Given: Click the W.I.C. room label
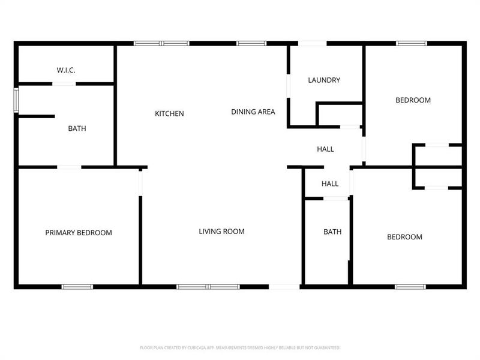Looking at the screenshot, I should pyautogui.click(x=66, y=70).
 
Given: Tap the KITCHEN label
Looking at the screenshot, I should pyautogui.click(x=169, y=113).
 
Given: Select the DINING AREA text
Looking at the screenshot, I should pyautogui.click(x=253, y=112).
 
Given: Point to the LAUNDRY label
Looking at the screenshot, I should pyautogui.click(x=324, y=80).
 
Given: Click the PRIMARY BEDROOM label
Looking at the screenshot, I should pyautogui.click(x=79, y=233).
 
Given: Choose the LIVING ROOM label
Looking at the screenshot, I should pyautogui.click(x=221, y=231).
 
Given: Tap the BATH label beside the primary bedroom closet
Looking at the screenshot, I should pyautogui.click(x=77, y=128).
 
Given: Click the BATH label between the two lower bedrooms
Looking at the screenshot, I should pyautogui.click(x=332, y=232).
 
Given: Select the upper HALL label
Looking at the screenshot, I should pyautogui.click(x=325, y=149).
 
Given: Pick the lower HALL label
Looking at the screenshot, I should pyautogui.click(x=330, y=184).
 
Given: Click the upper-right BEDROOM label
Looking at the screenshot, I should pyautogui.click(x=413, y=100).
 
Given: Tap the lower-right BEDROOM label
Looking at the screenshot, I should pyautogui.click(x=404, y=237).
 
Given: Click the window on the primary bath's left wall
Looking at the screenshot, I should pyautogui.click(x=17, y=100).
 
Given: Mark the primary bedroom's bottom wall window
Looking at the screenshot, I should pyautogui.click(x=78, y=287).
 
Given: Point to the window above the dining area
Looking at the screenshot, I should pyautogui.click(x=251, y=43).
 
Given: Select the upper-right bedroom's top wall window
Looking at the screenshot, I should pyautogui.click(x=411, y=43).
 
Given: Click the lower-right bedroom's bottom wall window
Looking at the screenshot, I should pyautogui.click(x=410, y=287).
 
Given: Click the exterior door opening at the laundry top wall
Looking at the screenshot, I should pyautogui.click(x=313, y=43).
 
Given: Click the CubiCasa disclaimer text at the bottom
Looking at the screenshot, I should pyautogui.click(x=240, y=347).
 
